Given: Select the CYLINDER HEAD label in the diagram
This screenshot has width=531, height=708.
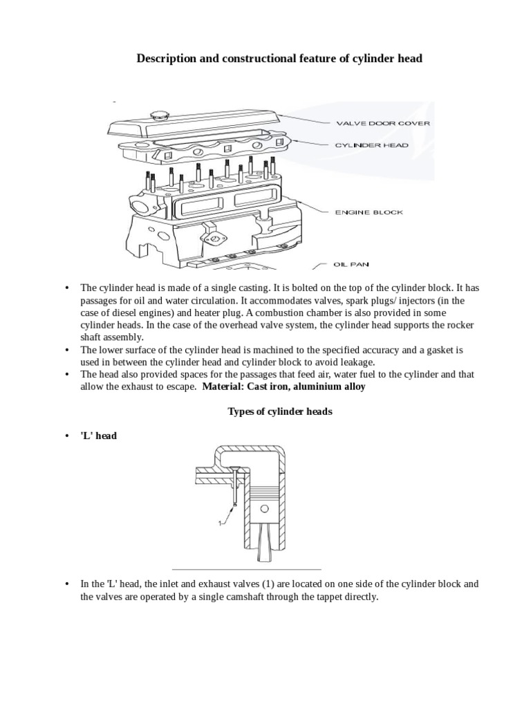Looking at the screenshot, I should pos(372,145).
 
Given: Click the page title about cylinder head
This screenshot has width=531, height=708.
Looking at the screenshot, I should pos(279,59).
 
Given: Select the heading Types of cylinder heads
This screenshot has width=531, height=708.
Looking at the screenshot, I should pos(280,411).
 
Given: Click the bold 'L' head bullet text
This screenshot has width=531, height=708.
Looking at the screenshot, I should pos(99,436).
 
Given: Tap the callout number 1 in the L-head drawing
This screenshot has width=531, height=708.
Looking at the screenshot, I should pos(220,523).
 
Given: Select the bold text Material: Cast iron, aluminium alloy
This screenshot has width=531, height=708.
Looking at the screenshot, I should pos(284,387).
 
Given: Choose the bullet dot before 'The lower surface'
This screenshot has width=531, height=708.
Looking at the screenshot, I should pos(67,351).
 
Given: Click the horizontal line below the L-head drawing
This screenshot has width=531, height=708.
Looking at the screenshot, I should pos(266,565).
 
